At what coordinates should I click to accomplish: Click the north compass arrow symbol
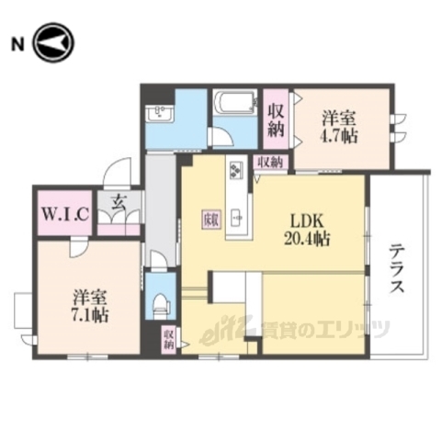click(x=53, y=42)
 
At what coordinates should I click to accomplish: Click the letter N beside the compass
click(x=17, y=42)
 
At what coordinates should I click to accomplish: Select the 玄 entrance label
click(x=119, y=204)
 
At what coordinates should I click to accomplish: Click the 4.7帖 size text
click(x=340, y=133)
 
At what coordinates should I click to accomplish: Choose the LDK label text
click(x=309, y=221)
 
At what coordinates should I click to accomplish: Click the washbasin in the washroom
click(x=160, y=114)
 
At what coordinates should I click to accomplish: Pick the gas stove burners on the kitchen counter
click(x=236, y=172)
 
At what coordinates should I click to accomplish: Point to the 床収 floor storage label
click(x=209, y=219)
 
